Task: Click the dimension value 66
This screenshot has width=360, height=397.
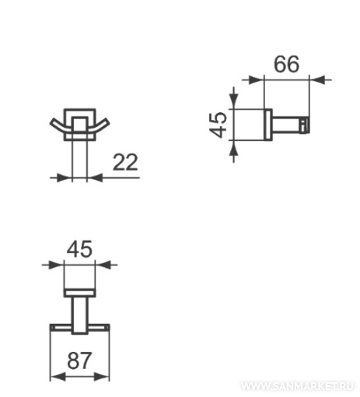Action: coord(286,64)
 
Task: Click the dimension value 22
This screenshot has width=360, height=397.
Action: coord(125,162)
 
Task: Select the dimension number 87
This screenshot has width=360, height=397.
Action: coord(79,360)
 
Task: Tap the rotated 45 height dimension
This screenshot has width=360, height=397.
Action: coord(218,125)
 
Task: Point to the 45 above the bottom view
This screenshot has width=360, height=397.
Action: coord(79,249)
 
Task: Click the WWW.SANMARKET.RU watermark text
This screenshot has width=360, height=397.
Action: coord(297,386)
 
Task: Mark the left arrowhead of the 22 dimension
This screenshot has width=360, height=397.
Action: coord(64,177)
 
